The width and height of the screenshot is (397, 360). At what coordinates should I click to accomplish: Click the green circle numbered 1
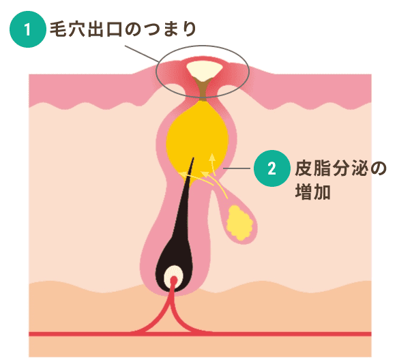[x=28, y=29]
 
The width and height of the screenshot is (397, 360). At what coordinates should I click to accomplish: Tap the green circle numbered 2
[x=272, y=168]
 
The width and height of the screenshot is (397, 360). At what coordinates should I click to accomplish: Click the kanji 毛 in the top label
[x=57, y=29]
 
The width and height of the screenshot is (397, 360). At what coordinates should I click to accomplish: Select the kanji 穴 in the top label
[x=76, y=29]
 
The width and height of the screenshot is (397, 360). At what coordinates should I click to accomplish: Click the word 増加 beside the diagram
[x=313, y=192]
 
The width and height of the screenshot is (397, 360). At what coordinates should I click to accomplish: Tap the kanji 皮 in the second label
[x=304, y=168]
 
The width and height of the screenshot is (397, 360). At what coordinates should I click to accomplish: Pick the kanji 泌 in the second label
[x=359, y=168]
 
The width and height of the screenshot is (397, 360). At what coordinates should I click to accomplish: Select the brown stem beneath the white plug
[x=203, y=89]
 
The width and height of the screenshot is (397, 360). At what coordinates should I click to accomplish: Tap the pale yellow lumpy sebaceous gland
[x=239, y=224]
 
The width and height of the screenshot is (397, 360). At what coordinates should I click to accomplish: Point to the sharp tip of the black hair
[x=194, y=158]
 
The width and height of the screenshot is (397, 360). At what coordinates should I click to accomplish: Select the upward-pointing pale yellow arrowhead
[x=212, y=157]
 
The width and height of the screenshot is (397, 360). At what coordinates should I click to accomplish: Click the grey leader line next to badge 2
[x=237, y=168]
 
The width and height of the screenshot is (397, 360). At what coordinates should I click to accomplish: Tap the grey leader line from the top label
[x=141, y=54]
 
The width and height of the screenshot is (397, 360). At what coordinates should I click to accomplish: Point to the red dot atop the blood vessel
[x=174, y=280]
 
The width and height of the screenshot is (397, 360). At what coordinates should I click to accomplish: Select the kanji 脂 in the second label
[x=322, y=168]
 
